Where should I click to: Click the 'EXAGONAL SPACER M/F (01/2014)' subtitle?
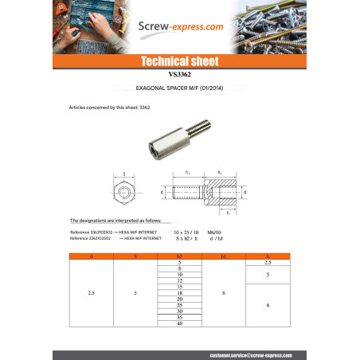pyautogui.click(x=180, y=91)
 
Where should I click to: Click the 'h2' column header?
pyautogui.click(x=179, y=256)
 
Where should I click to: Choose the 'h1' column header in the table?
pyautogui.click(x=224, y=256)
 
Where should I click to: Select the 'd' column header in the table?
pyautogui.click(x=92, y=256)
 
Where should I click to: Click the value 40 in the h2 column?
pyautogui.click(x=179, y=323)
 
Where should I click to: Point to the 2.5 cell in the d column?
pyautogui.click(x=92, y=293)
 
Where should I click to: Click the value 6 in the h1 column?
pyautogui.click(x=224, y=293)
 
